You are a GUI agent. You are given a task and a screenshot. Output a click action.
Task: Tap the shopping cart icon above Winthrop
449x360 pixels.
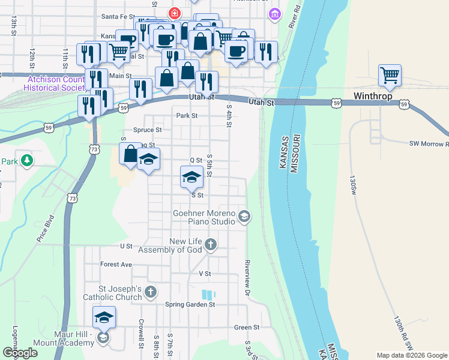pyautogui.click(x=390, y=75)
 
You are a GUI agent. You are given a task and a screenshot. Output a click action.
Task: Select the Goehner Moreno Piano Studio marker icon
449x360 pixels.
pyautogui.click(x=244, y=215)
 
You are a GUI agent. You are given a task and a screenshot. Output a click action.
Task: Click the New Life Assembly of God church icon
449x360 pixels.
pyautogui.click(x=210, y=244)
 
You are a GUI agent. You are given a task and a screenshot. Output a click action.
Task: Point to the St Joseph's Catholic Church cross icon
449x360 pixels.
pyautogui.click(x=150, y=292)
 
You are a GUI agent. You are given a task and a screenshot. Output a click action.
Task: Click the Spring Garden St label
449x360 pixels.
pyautogui.click(x=190, y=304)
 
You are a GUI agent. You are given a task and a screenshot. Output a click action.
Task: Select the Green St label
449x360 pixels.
pyautogui.click(x=246, y=328)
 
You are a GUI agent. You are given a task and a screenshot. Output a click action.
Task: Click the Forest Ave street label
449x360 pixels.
pyautogui.click(x=116, y=264)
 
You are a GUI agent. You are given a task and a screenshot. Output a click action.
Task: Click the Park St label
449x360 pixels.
pyautogui.click(x=186, y=116)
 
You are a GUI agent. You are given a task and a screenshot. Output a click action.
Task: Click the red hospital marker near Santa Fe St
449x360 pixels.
pyautogui.click(x=175, y=12)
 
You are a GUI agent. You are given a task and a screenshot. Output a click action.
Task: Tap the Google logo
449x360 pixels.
pyautogui.click(x=20, y=353)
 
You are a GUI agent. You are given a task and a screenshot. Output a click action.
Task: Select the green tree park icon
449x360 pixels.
pyautogui.click(x=26, y=160)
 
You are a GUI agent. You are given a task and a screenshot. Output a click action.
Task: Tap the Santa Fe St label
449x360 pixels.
pyautogui.click(x=119, y=16)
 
